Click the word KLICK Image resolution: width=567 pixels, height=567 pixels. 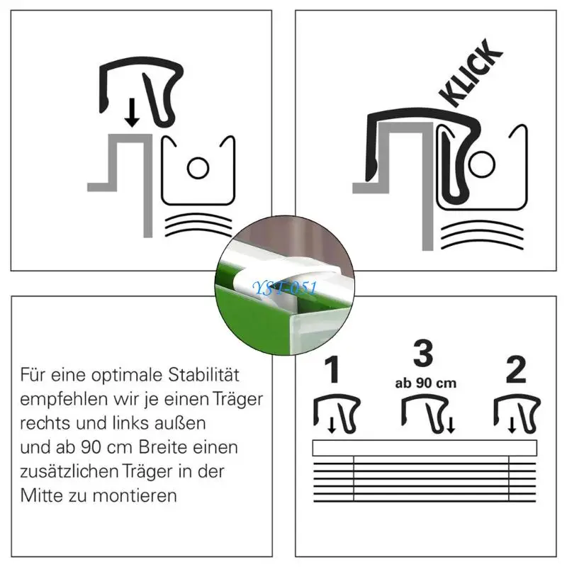[x=471, y=73]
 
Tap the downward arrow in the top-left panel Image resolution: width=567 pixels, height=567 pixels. [x=132, y=113]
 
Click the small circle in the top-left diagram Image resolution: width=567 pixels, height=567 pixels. [x=198, y=168]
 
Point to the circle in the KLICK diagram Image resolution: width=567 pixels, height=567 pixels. [x=482, y=164]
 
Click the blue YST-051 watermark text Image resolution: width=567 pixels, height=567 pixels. [x=285, y=288]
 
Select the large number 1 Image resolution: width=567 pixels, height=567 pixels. [x=332, y=369]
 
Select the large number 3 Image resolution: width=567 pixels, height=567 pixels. [x=423, y=353]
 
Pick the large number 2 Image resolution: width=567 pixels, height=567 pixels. [x=516, y=369]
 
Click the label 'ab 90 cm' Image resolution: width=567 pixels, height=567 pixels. [x=426, y=383]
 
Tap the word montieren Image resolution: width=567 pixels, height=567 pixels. [x=135, y=495]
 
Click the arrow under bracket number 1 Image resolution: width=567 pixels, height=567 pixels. [x=332, y=425]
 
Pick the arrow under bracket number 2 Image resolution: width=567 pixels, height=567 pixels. [x=512, y=425]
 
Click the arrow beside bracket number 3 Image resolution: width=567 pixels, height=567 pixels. [x=451, y=425]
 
